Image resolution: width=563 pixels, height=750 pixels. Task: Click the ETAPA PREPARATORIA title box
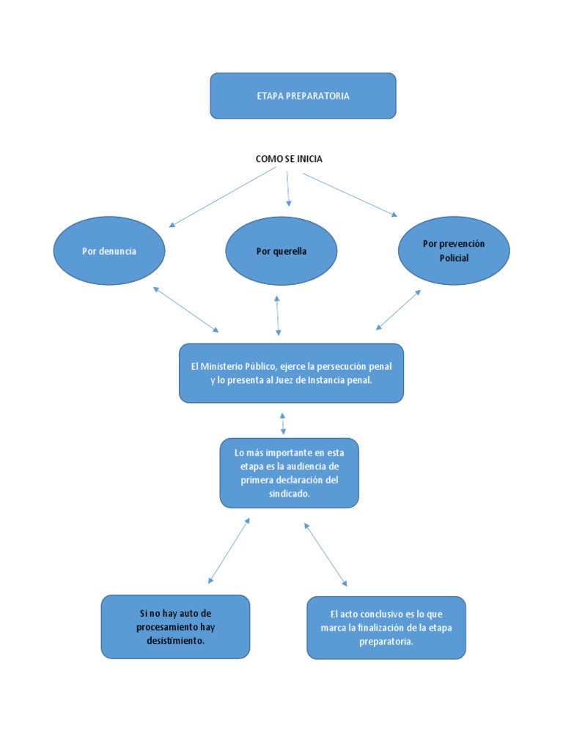(x=303, y=96)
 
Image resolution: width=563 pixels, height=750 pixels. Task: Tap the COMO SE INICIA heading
(x=289, y=159)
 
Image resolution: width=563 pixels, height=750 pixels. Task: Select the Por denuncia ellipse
(x=109, y=251)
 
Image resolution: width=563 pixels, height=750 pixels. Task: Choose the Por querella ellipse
(x=281, y=251)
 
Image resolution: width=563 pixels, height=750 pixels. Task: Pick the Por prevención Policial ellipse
(x=454, y=251)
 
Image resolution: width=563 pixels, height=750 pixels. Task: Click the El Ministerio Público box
(x=291, y=373)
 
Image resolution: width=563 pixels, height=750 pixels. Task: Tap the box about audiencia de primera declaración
(x=289, y=473)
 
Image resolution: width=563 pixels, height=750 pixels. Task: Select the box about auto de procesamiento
(x=175, y=626)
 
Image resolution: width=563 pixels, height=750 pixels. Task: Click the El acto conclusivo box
(x=386, y=628)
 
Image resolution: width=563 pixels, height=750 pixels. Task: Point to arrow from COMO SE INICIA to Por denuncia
(x=223, y=197)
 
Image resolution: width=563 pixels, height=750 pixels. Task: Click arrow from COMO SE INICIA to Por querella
(x=288, y=188)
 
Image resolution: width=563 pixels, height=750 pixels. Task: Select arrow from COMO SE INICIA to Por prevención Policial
(x=350, y=194)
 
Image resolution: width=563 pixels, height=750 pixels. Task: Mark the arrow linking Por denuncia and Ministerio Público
(x=185, y=309)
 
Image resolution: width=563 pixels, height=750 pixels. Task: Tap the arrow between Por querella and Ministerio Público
(x=277, y=315)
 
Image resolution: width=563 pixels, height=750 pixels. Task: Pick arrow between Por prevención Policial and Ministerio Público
(x=399, y=309)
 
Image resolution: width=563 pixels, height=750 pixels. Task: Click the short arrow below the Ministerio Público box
(x=283, y=423)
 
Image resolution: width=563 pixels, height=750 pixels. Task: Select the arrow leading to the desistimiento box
(x=229, y=551)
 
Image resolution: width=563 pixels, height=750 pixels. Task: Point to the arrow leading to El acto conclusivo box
(x=325, y=554)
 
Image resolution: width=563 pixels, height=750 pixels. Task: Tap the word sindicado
(x=289, y=494)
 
